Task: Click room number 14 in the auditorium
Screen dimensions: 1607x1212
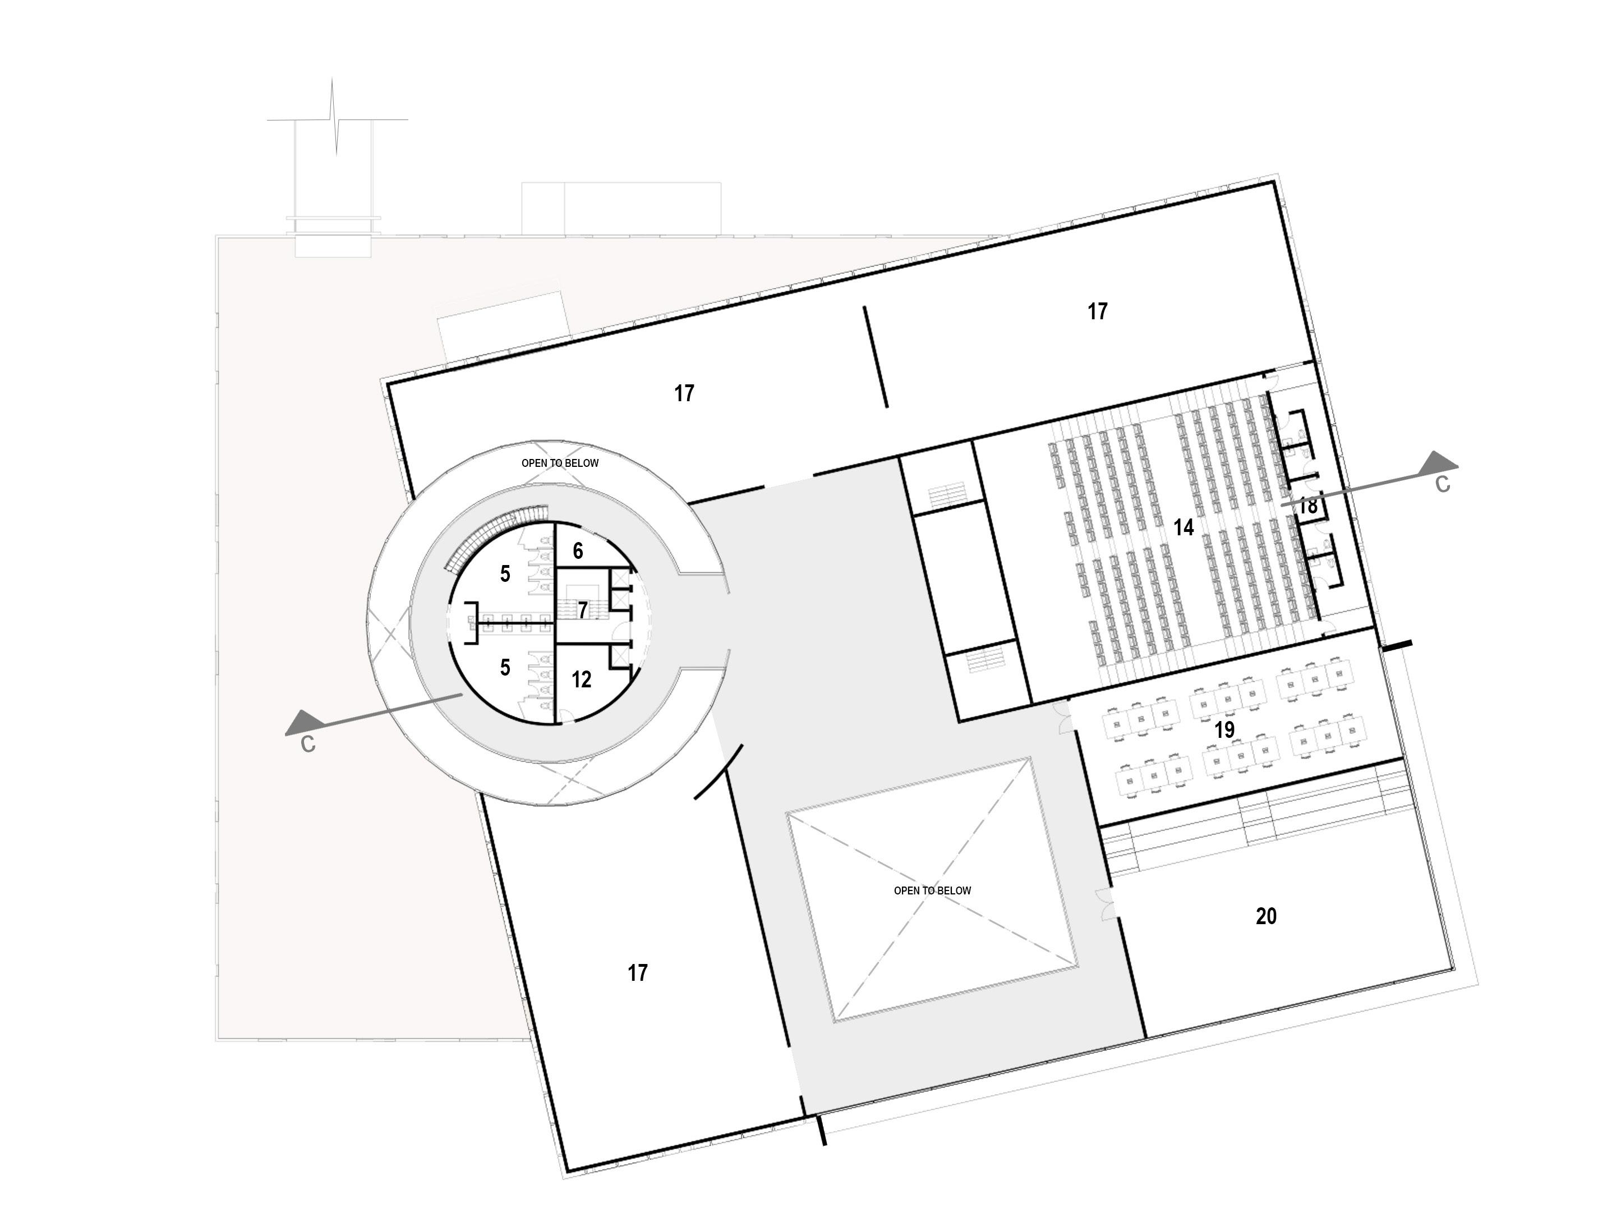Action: point(1184,527)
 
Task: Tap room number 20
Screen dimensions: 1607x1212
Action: point(1265,917)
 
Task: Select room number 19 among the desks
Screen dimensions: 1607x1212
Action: point(1224,729)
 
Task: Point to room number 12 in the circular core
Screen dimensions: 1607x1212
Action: point(581,680)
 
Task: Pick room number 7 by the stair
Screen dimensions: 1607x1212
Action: point(582,609)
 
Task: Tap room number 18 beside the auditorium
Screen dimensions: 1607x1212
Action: point(1307,506)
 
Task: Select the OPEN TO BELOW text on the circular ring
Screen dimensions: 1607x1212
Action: point(559,463)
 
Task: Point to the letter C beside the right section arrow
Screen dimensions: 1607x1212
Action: point(1443,485)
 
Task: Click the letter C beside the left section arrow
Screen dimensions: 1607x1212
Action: point(308,745)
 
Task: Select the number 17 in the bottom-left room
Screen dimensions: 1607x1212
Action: point(637,973)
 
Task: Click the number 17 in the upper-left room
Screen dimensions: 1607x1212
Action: point(684,394)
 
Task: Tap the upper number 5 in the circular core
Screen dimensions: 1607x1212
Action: point(505,575)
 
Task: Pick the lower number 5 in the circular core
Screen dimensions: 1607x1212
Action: point(505,667)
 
